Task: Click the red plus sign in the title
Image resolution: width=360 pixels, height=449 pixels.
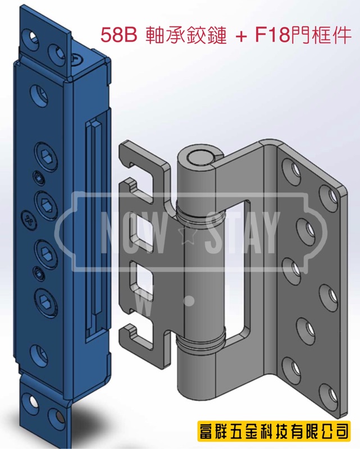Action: pyautogui.click(x=241, y=36)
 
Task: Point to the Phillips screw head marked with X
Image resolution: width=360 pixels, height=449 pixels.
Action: pyautogui.click(x=29, y=220)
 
